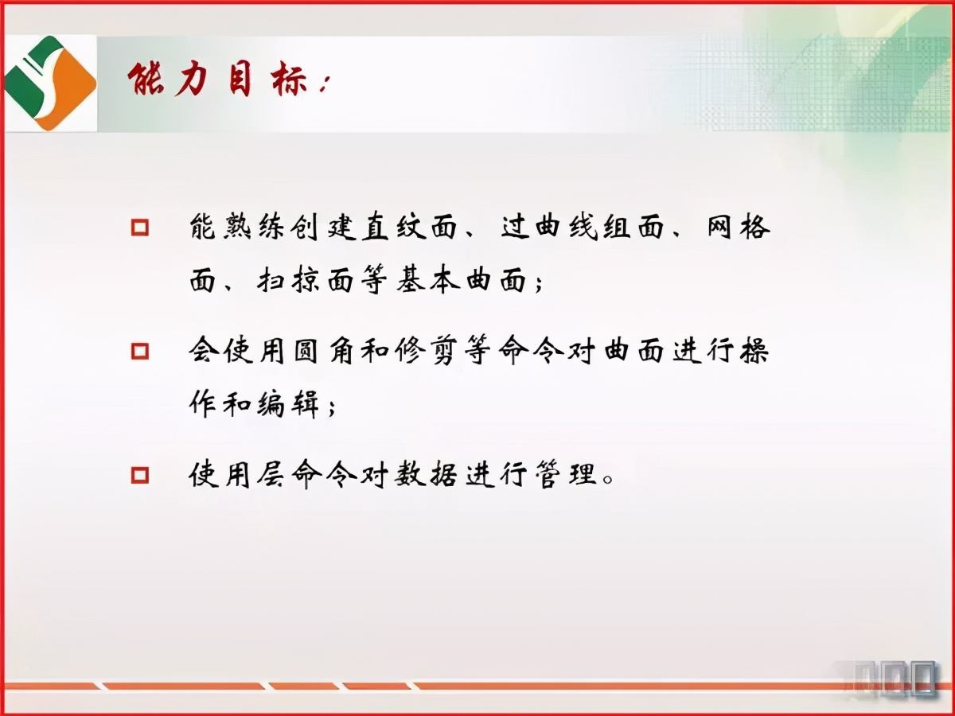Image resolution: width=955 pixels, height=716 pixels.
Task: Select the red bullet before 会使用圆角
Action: tap(140, 351)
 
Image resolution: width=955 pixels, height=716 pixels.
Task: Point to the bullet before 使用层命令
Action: tap(140, 475)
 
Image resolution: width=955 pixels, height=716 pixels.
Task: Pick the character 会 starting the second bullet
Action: tap(205, 351)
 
